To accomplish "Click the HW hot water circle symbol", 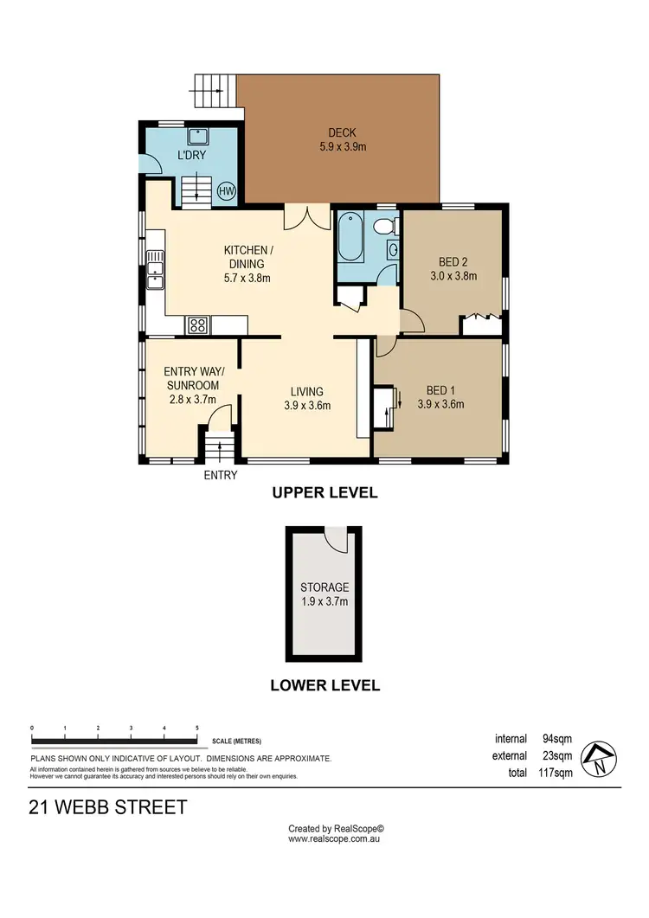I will [x=226, y=191].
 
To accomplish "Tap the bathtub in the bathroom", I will [x=351, y=237].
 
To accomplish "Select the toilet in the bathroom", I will [x=387, y=227].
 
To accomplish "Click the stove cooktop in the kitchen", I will [x=198, y=325].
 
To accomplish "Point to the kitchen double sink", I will [x=155, y=268].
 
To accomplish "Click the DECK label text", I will [x=342, y=132].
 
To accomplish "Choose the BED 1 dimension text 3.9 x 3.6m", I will [x=440, y=403].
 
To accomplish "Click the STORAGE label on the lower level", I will [x=324, y=587].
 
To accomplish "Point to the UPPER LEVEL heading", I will [x=324, y=493].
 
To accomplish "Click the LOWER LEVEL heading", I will [x=324, y=685].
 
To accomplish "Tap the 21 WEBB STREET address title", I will [x=108, y=808].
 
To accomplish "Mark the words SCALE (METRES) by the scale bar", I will [x=236, y=741].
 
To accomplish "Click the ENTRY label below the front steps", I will [x=220, y=475].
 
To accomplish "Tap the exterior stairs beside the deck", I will [x=215, y=87].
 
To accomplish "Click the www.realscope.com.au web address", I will [x=335, y=838].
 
